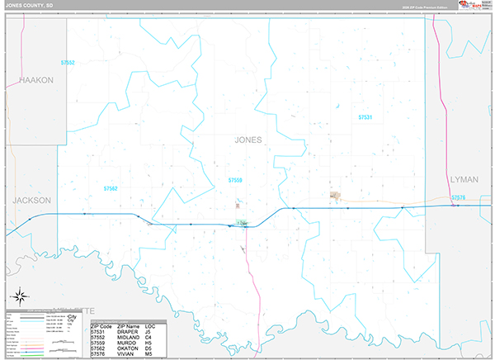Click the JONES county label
coord(248,140)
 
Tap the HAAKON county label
coord(35,80)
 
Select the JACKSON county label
coord(32,201)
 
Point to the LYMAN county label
coord(464,178)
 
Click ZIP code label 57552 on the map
coord(68,63)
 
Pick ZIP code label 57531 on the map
coord(365,118)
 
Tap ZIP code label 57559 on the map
coord(236,180)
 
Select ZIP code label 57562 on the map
coord(111,188)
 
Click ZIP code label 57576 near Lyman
coord(459,197)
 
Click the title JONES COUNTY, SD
coord(32,6)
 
